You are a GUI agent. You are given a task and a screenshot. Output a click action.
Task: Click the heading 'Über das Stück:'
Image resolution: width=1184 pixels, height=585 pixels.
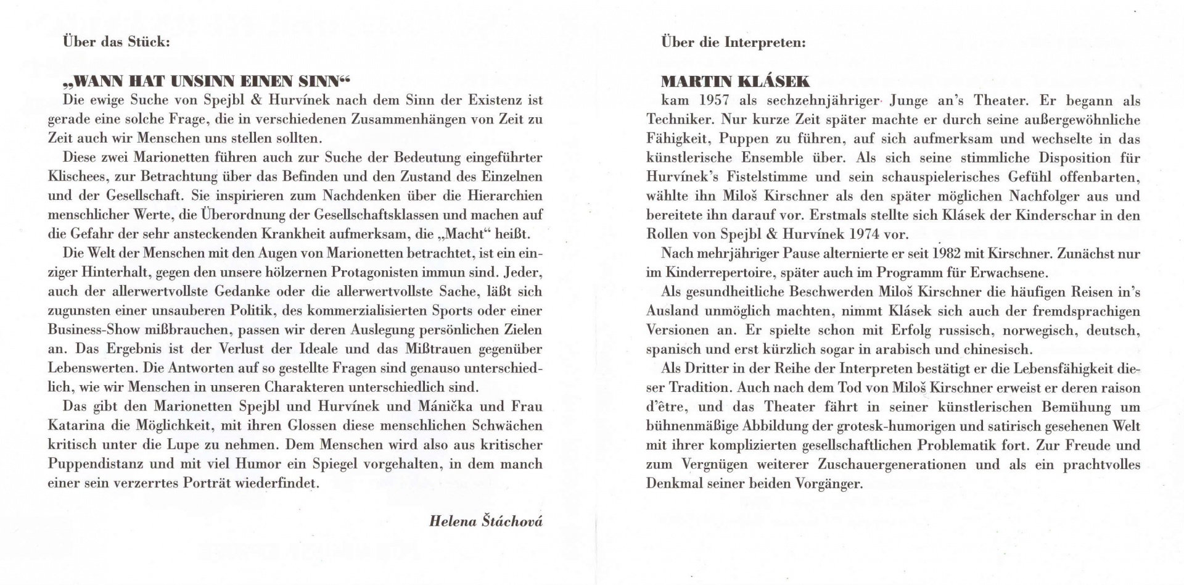pos(116,42)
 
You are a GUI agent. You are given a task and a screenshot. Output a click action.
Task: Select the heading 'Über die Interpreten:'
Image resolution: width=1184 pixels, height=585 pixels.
pos(733,43)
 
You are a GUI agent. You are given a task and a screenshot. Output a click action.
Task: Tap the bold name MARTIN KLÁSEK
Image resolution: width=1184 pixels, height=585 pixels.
pos(735,81)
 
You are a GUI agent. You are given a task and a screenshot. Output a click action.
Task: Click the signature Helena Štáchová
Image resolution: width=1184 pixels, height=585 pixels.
pos(486,521)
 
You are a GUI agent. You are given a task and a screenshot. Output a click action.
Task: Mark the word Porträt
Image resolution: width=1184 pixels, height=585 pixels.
pos(207,483)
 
